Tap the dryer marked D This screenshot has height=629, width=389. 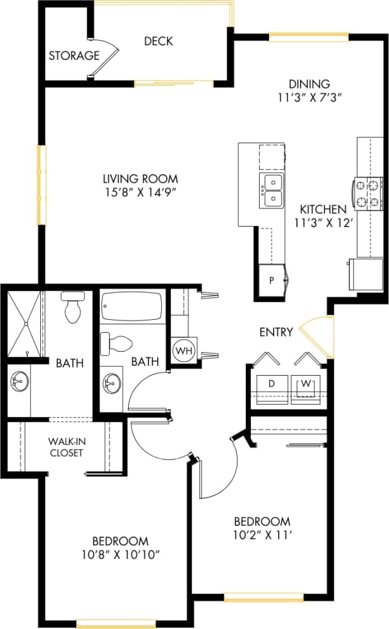[x=271, y=384]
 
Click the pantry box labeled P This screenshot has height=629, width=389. [x=271, y=280]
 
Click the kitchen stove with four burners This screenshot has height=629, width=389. [x=367, y=194]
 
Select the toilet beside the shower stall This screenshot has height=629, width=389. [x=73, y=308]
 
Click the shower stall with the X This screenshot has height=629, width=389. [x=24, y=323]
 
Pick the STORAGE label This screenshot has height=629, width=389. [x=73, y=56]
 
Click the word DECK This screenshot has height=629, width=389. [x=158, y=41]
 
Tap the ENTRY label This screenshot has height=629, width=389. [x=276, y=332]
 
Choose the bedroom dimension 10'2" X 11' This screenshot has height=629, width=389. [x=262, y=534]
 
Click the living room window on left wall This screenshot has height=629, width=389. [x=41, y=185]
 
